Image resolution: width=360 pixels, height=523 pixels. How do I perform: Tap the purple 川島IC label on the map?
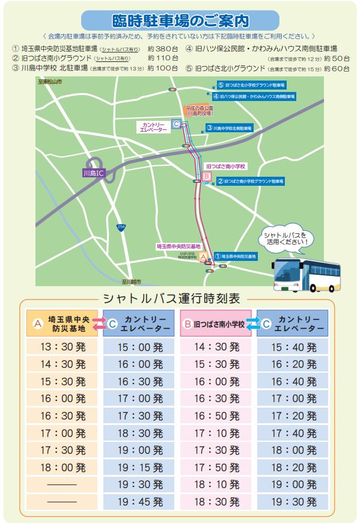[93, 173]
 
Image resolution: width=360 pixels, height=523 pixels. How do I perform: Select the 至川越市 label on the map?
[129, 281]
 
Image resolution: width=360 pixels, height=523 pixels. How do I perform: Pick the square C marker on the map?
[175, 124]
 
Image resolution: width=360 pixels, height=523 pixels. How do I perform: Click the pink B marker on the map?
[207, 176]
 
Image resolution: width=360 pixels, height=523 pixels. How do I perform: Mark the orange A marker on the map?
[203, 257]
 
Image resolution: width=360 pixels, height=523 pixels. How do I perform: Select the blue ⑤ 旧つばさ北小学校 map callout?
[252, 85]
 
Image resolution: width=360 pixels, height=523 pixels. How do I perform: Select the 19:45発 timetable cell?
[141, 501]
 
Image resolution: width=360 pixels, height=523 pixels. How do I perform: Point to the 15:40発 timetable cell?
[293, 347]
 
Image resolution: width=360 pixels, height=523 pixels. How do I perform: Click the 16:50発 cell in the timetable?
[217, 415]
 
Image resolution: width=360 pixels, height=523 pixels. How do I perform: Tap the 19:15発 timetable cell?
[141, 466]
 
